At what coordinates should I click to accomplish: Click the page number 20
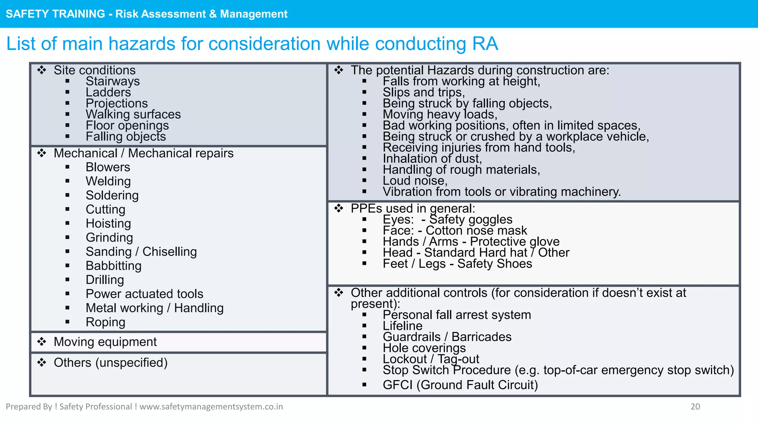tap(695, 406)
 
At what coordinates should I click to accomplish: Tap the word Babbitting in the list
tap(113, 266)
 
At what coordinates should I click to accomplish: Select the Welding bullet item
tap(108, 181)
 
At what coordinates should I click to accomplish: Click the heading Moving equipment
tap(105, 342)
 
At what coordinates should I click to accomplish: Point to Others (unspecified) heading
tap(110, 362)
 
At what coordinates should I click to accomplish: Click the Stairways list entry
tap(113, 81)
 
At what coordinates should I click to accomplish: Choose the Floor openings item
tap(127, 125)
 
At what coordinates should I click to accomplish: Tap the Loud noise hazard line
tap(415, 180)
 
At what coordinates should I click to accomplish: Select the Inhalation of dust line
tap(432, 158)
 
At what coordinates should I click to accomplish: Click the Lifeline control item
tap(402, 326)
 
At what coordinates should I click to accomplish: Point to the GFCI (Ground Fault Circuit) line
tap(460, 385)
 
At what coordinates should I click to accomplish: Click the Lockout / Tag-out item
tap(430, 359)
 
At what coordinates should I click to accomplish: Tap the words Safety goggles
tap(470, 219)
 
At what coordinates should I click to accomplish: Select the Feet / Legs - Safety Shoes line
tap(457, 264)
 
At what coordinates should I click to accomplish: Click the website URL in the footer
tap(211, 406)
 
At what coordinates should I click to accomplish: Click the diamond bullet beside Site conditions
tap(42, 70)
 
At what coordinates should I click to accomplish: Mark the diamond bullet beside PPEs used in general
tap(339, 208)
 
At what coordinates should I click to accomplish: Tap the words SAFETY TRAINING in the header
tap(56, 14)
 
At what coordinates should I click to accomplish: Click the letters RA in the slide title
tap(485, 44)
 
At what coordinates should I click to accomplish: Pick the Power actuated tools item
tap(144, 294)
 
